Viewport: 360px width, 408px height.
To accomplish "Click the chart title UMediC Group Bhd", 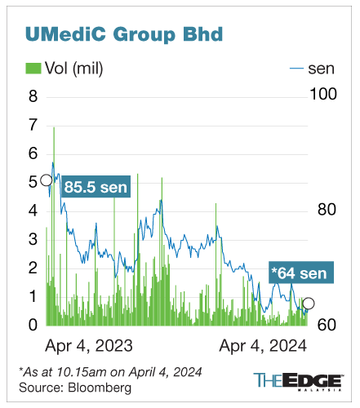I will coord(125,34).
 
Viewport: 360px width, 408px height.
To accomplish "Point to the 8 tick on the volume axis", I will coord(33,96).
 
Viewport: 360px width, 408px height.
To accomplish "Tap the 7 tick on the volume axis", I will coord(33,125).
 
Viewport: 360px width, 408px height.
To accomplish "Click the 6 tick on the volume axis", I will coord(33,153).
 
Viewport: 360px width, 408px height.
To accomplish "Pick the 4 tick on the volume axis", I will coord(33,211).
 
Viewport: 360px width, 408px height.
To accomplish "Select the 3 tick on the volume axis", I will coord(33,239).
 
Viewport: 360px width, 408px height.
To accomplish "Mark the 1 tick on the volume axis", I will coord(33,296).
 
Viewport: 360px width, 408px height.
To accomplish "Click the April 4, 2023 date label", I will coord(89,344).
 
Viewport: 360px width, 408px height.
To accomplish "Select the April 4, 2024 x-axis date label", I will coord(262,344).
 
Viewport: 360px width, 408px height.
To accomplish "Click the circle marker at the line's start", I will coord(47,180).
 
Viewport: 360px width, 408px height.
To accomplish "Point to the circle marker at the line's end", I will coord(309,304).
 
